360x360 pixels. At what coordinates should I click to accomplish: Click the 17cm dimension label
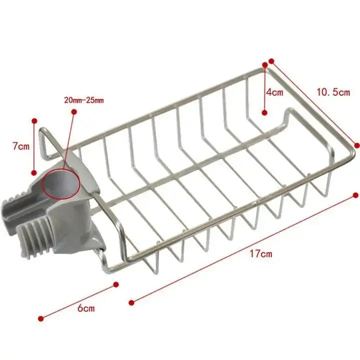(x=260, y=253)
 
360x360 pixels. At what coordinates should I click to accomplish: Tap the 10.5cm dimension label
(x=333, y=91)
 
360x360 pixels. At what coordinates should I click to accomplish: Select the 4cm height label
(x=274, y=92)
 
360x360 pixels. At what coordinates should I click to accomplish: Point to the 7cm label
(x=20, y=146)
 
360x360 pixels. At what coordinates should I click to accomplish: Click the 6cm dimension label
(x=86, y=308)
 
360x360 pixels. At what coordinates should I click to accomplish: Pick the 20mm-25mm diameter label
(x=83, y=100)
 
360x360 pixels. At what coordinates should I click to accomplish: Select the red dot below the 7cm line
(x=34, y=170)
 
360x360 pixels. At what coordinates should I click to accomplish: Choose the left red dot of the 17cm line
(x=131, y=301)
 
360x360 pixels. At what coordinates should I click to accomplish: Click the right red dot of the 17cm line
(x=355, y=194)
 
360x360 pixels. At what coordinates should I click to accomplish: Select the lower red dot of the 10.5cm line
(x=356, y=145)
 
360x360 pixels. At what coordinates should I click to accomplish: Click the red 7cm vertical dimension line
(x=34, y=146)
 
